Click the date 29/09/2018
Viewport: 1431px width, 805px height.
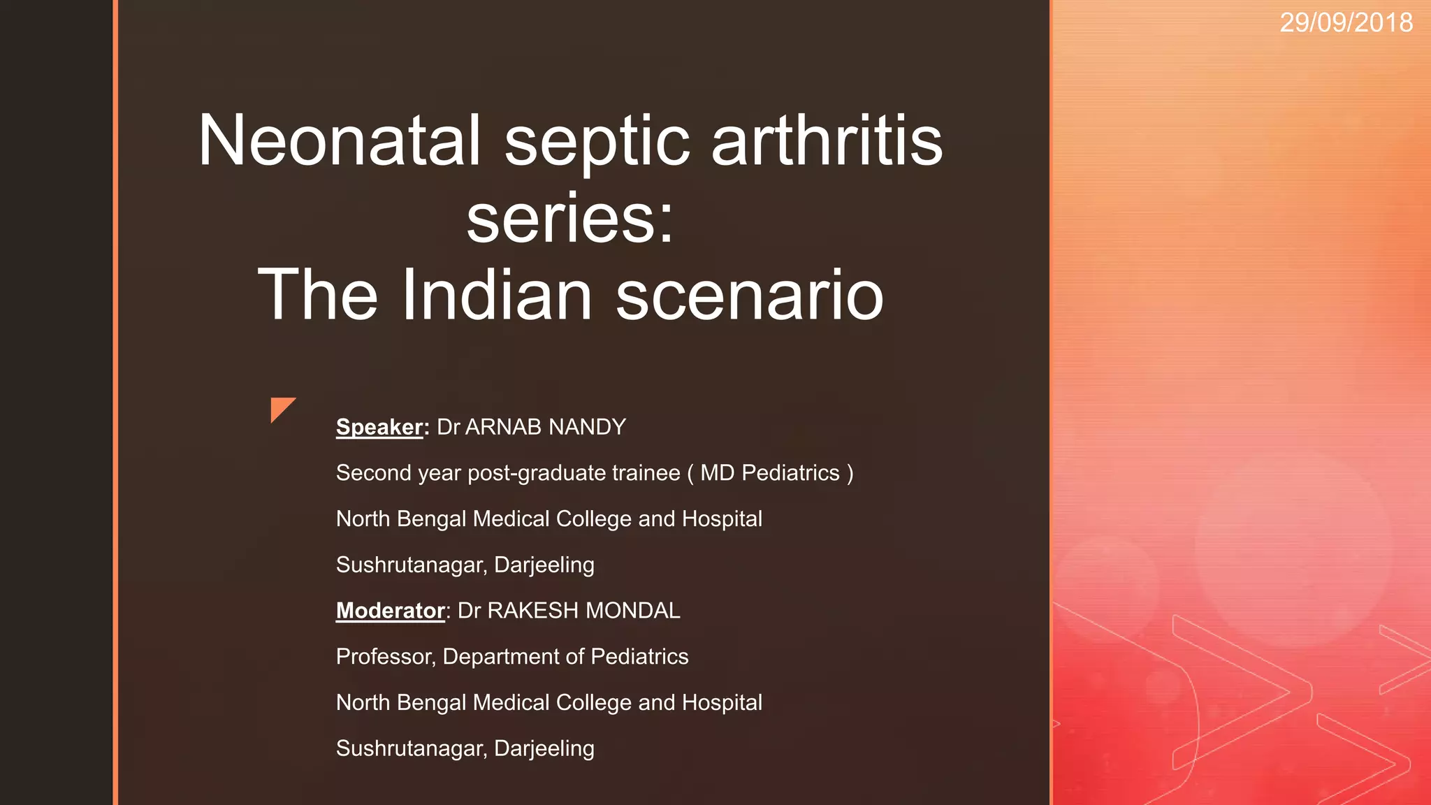(1346, 23)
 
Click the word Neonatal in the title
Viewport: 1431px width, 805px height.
(340, 141)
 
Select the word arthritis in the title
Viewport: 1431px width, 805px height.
(827, 141)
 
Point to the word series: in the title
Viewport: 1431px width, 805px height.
(569, 218)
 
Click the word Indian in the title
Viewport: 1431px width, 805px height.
(497, 295)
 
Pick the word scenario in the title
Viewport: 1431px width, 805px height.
(749, 296)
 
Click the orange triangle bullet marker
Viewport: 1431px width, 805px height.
(281, 408)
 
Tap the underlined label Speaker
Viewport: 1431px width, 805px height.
(379, 427)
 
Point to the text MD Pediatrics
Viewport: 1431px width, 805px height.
(769, 473)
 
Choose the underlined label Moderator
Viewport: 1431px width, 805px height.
(390, 611)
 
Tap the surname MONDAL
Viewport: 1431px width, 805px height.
(632, 611)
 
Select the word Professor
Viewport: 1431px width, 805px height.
(386, 657)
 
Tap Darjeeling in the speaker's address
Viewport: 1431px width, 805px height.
(544, 565)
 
